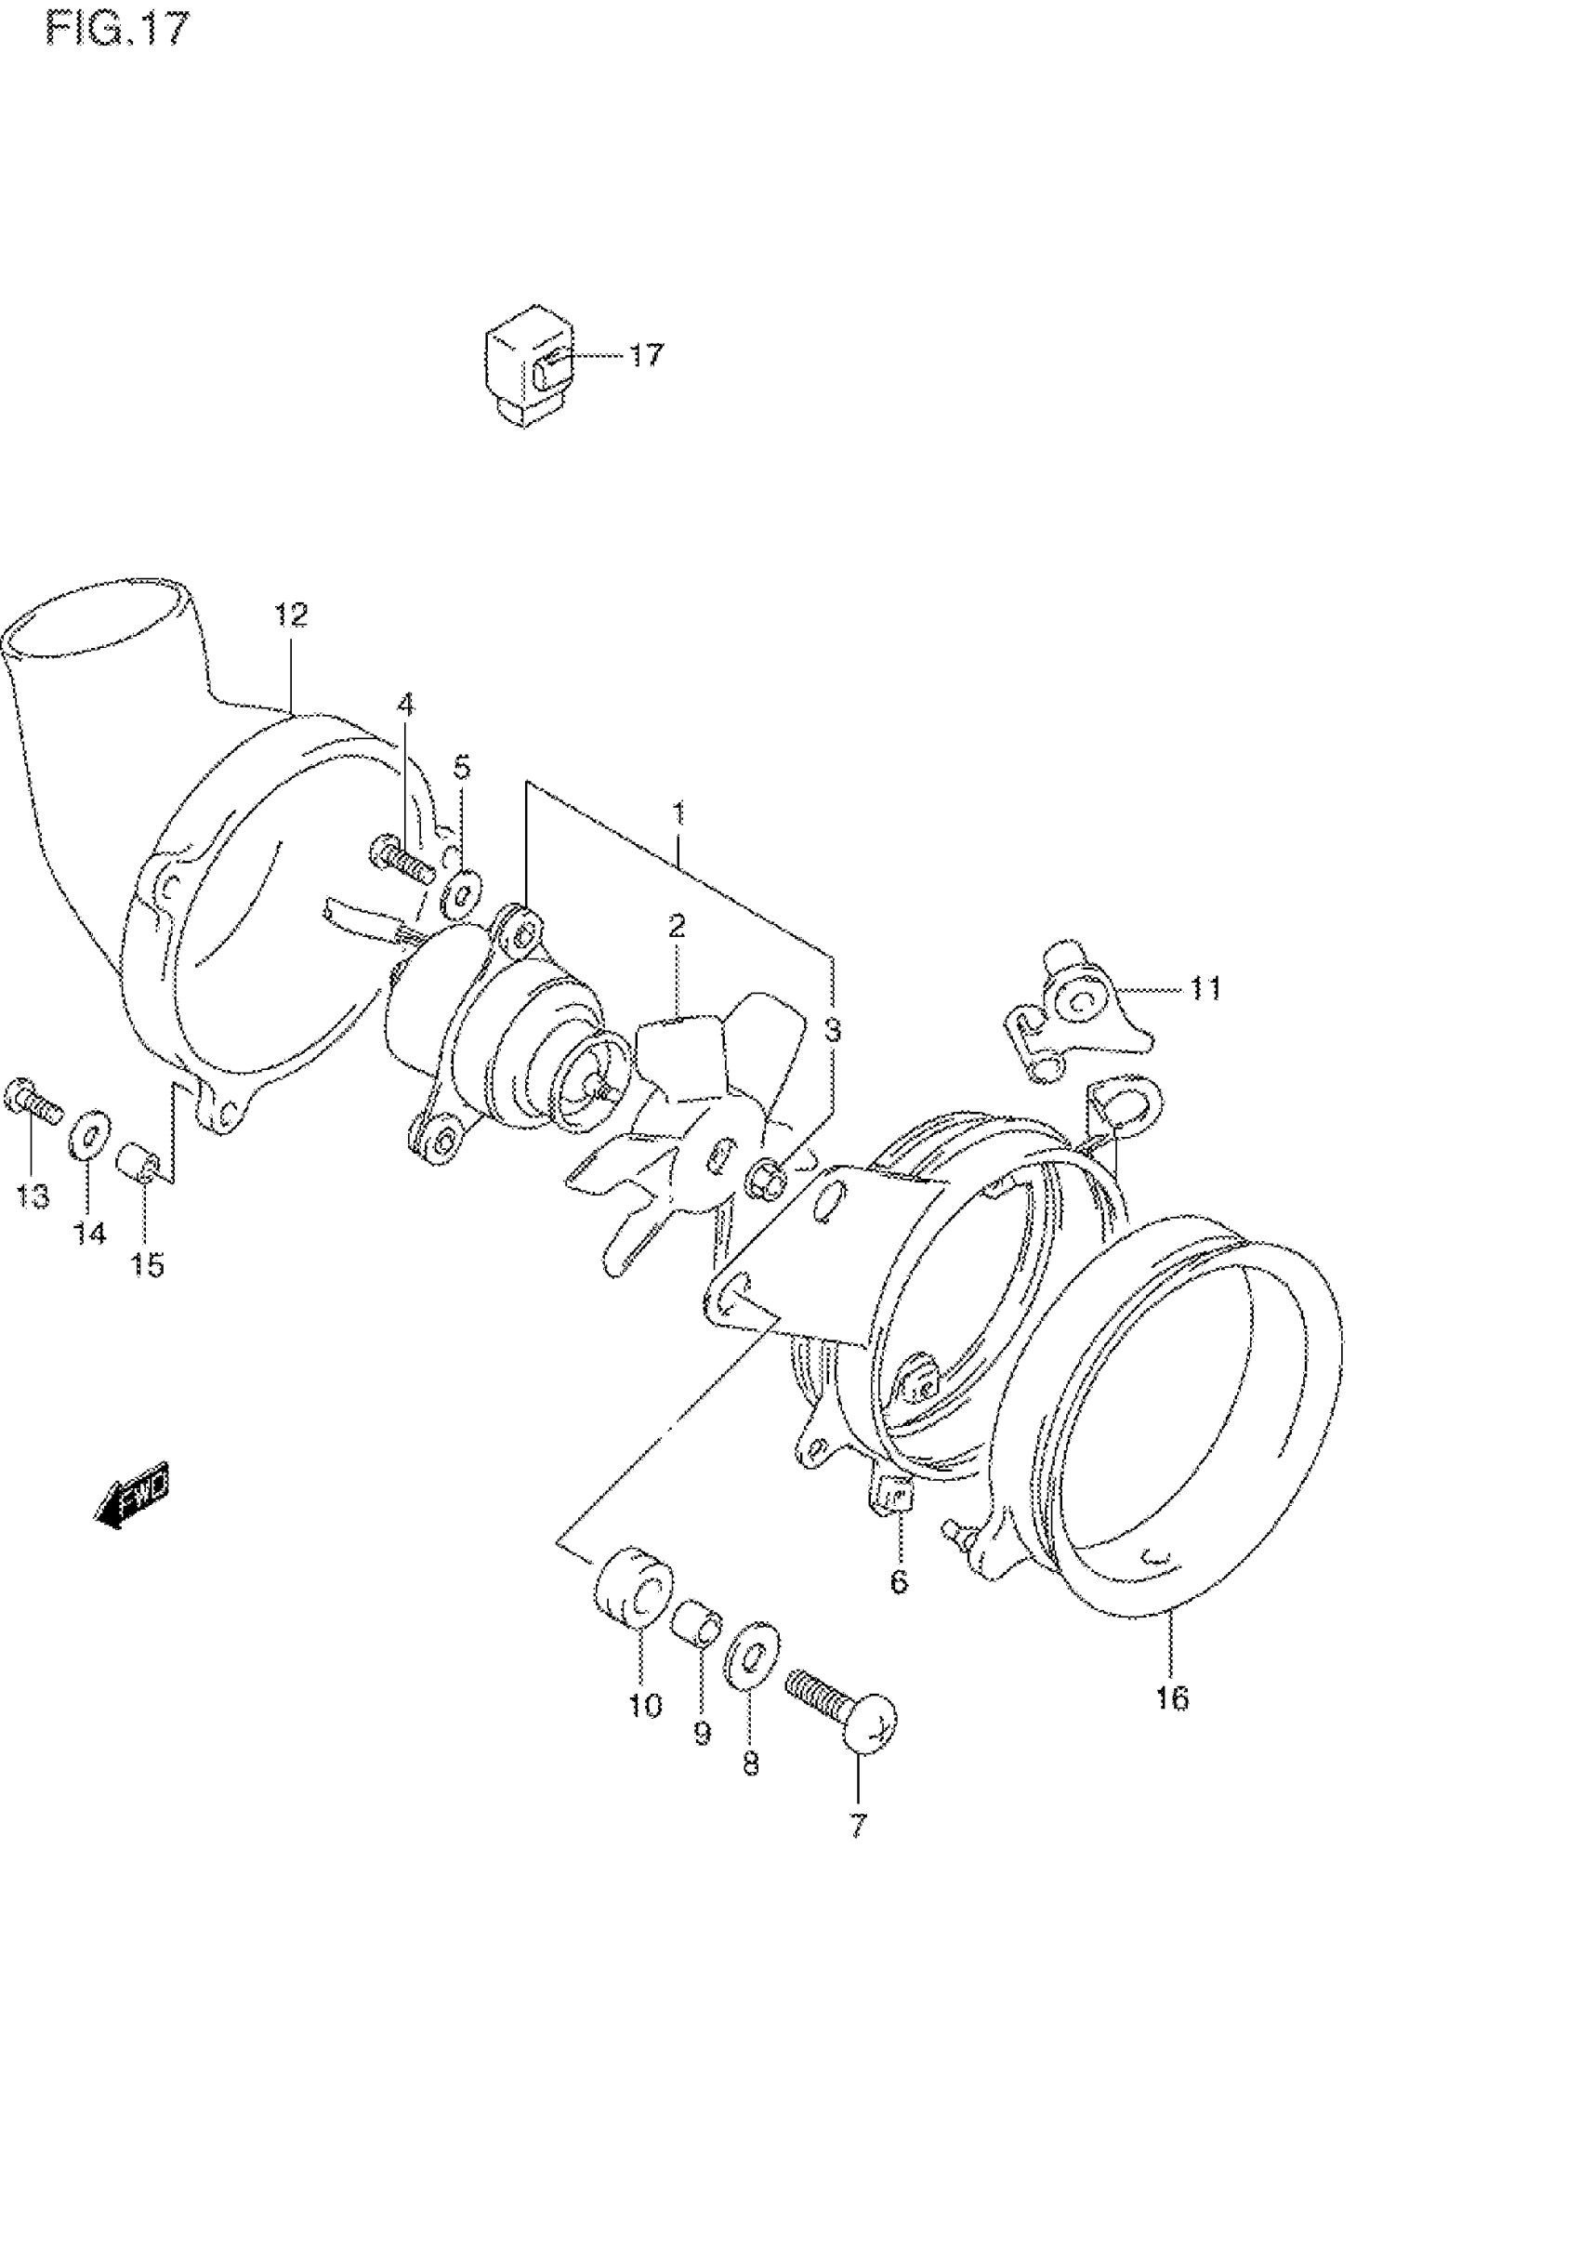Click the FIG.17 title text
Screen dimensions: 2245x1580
116,29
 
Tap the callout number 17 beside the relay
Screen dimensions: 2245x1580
645,355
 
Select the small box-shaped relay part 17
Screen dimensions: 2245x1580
526,364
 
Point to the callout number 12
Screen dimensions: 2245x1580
290,615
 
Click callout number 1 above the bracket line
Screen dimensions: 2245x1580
678,813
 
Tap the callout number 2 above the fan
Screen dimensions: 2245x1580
677,925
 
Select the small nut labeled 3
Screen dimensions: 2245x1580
768,1182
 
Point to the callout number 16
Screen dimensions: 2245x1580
1171,1698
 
